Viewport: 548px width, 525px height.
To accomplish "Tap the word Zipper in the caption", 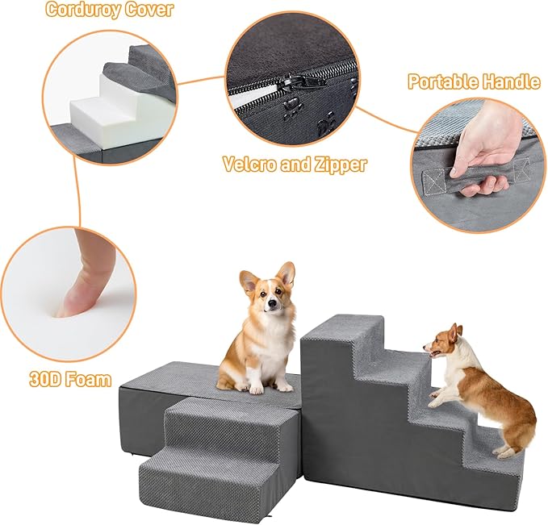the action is click(x=341, y=165).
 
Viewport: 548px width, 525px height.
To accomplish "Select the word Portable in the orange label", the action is click(x=442, y=81).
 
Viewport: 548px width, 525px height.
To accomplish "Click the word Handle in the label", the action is click(x=511, y=81).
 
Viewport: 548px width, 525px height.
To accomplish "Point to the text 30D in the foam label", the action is click(x=43, y=380).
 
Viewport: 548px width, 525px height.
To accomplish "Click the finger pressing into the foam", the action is click(x=86, y=273).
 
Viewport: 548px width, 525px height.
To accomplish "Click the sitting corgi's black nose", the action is click(x=271, y=303).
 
